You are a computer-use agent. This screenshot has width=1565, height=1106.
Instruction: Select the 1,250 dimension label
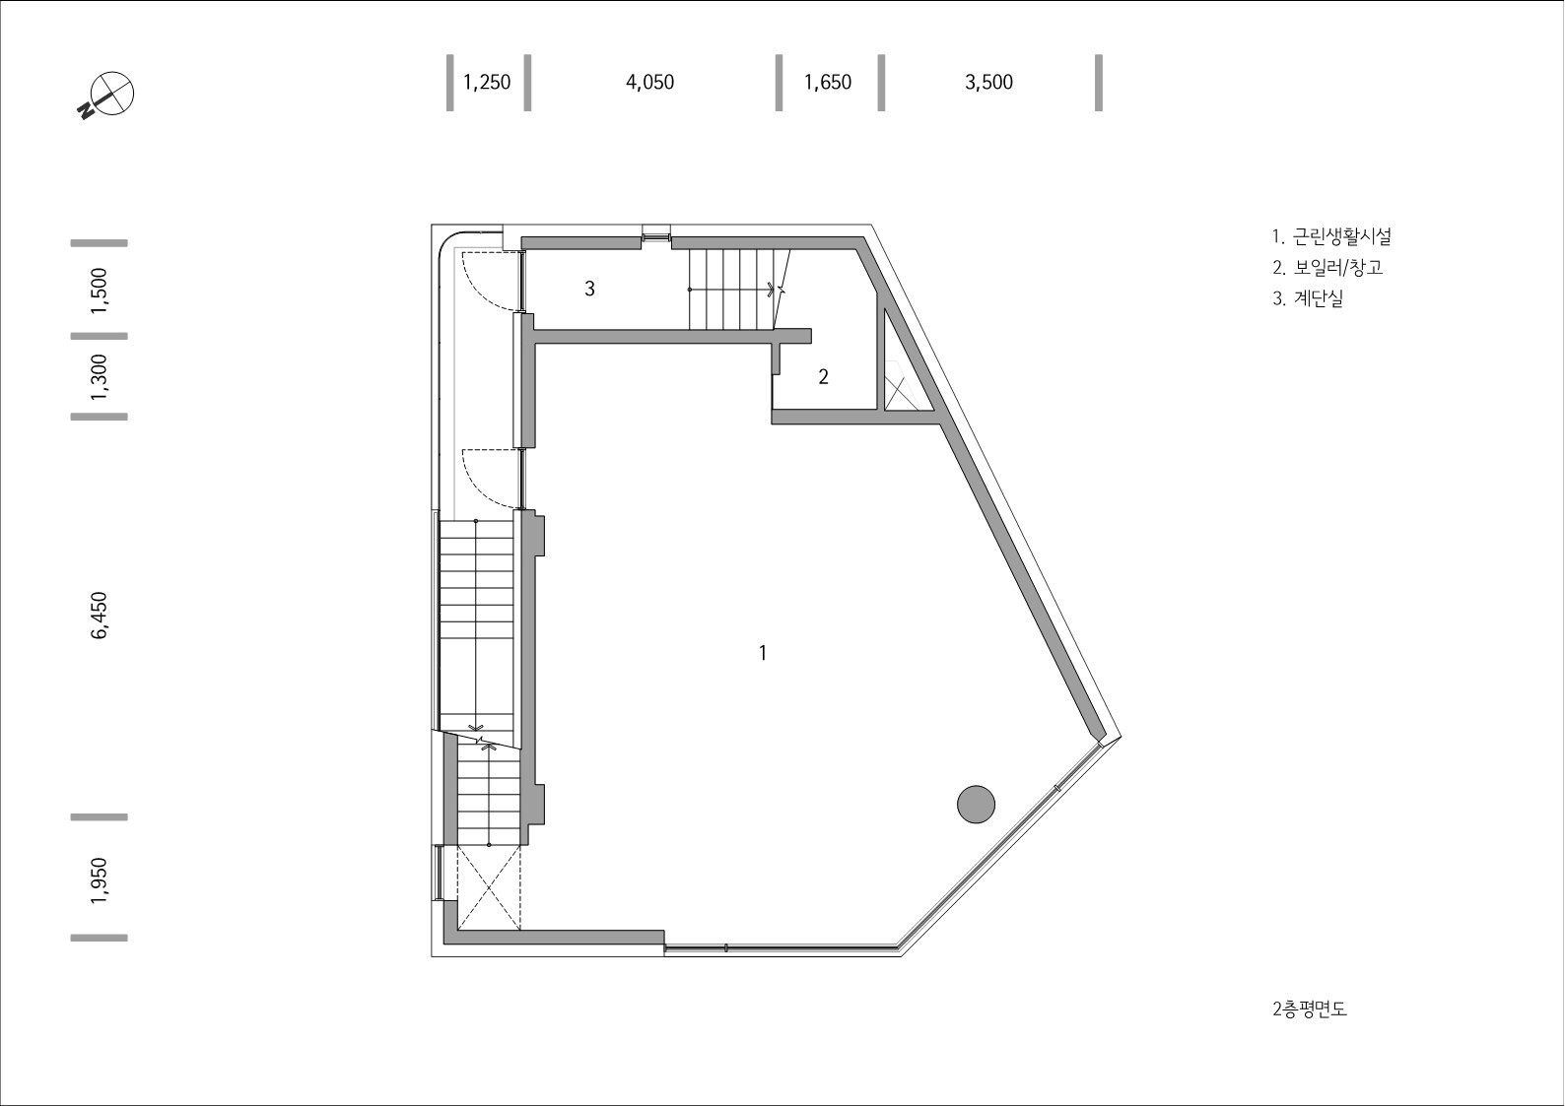(x=487, y=82)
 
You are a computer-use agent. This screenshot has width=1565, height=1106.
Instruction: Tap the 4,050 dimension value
(x=649, y=82)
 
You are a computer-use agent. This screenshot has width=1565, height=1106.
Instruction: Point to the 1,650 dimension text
(x=827, y=82)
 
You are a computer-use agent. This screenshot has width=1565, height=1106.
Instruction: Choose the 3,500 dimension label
(x=988, y=82)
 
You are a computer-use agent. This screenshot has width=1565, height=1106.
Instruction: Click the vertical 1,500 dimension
(x=99, y=290)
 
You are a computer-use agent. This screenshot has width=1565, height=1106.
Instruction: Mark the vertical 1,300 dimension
(x=99, y=376)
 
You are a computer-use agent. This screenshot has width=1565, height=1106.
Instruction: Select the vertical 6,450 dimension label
(x=99, y=616)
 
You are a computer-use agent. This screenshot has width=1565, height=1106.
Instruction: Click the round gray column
(x=976, y=804)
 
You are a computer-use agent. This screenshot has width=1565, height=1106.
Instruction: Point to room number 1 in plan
(x=762, y=652)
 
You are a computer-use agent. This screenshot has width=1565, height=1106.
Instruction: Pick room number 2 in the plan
(x=823, y=376)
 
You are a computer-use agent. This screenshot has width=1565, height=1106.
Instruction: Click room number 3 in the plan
(x=589, y=289)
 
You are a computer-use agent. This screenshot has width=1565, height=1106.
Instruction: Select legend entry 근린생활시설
(x=1330, y=236)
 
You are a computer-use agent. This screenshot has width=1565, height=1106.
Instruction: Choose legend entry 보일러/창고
(x=1327, y=267)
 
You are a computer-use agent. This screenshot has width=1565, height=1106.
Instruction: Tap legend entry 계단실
(x=1307, y=298)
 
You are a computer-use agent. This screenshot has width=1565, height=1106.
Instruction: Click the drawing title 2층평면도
(x=1309, y=1008)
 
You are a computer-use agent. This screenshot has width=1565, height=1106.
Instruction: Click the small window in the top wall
(x=655, y=234)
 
